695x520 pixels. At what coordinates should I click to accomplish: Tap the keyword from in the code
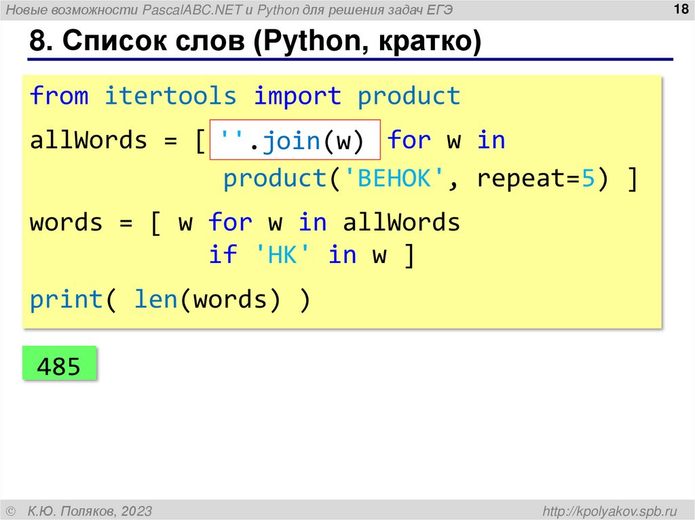pyautogui.click(x=59, y=96)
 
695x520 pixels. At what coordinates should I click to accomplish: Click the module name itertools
pyautogui.click(x=170, y=96)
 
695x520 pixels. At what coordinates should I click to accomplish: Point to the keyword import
pyautogui.click(x=297, y=96)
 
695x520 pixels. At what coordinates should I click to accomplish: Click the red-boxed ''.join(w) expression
pyautogui.click(x=294, y=140)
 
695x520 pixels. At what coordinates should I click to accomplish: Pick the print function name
pyautogui.click(x=67, y=300)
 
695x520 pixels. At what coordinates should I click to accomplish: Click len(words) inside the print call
pyautogui.click(x=207, y=300)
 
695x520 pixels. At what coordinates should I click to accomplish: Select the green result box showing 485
pyautogui.click(x=59, y=366)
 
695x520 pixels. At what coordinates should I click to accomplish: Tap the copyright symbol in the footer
pyautogui.click(x=10, y=511)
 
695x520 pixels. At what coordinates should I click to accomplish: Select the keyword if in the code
pyautogui.click(x=223, y=256)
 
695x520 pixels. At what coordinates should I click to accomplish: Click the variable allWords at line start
pyautogui.click(x=88, y=140)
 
